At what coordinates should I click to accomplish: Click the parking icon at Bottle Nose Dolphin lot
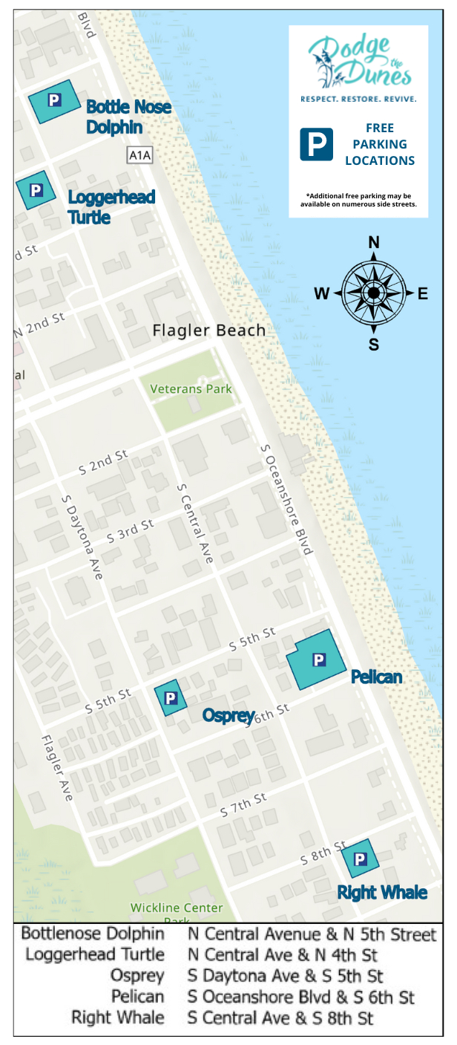click(x=54, y=100)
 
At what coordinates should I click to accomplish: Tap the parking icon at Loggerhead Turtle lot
click(x=36, y=189)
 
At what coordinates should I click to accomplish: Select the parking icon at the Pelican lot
click(x=318, y=659)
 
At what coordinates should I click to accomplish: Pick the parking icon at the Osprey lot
click(x=171, y=697)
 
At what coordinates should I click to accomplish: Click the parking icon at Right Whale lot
click(x=361, y=859)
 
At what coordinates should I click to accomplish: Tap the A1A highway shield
click(x=139, y=155)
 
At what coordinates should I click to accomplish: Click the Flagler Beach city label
click(x=208, y=331)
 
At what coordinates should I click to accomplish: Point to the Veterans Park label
click(x=191, y=388)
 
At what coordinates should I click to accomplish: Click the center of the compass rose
click(x=374, y=293)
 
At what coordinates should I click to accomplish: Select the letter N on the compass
click(x=374, y=243)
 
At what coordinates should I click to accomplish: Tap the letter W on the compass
click(x=321, y=294)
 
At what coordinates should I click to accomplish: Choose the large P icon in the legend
click(x=316, y=144)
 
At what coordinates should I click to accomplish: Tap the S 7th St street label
click(x=243, y=805)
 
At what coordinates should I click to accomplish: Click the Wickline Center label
click(x=177, y=908)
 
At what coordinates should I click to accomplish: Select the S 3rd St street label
click(x=130, y=530)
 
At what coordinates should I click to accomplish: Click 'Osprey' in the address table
click(x=137, y=975)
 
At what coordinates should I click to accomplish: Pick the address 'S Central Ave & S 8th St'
click(x=280, y=1017)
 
